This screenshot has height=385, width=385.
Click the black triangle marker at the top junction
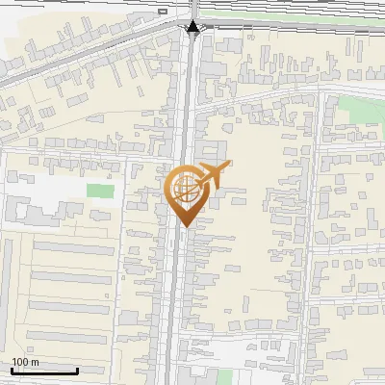193,27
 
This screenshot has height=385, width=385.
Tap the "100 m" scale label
26,362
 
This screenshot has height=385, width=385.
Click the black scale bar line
44,371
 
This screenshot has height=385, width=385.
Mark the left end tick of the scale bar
13,369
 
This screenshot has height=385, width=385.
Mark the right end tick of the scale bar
77,369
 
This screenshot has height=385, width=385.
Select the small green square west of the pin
99,190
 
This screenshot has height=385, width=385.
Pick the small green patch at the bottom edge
225,376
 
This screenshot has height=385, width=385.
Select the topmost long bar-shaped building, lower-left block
73,246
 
